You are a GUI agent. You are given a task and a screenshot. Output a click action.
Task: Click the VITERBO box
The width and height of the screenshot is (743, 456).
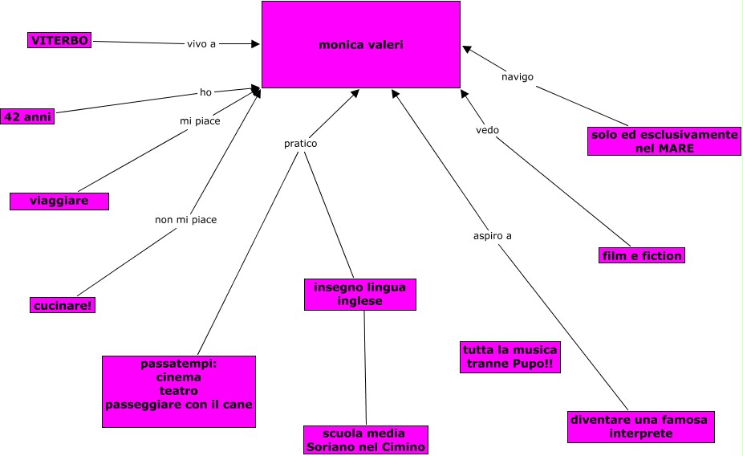coord(59,40)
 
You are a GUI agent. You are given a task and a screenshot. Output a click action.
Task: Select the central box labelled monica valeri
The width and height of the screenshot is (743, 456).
coord(361,45)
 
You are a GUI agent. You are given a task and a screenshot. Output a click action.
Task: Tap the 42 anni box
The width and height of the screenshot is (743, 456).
coord(27,116)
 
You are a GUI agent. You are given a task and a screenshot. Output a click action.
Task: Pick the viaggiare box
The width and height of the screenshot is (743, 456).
coord(59,201)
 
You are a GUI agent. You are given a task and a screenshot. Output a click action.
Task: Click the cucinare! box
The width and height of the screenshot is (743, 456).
coord(63,305)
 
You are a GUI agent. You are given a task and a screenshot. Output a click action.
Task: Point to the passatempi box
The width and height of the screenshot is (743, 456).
coord(179,392)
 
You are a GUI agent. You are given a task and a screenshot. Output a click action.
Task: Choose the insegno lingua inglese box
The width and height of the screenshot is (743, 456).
coord(360,295)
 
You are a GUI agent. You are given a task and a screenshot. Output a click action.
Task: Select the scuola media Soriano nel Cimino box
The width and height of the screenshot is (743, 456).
coord(366,440)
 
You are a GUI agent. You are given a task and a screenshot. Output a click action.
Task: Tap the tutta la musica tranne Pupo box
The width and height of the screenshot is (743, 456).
coord(510,357)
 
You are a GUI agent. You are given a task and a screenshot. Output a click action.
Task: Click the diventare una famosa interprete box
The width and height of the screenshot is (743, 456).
coord(641,426)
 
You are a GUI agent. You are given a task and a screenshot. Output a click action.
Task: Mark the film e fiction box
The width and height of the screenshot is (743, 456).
coord(642,255)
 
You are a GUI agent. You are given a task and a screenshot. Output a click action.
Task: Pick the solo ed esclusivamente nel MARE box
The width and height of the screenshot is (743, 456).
coord(664,141)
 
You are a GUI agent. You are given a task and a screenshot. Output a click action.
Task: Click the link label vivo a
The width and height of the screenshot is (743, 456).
coord(201,44)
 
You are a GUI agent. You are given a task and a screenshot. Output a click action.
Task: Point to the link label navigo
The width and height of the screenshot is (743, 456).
coord(518,77)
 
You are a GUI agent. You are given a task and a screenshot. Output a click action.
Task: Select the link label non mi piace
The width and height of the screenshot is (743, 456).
coord(186,219)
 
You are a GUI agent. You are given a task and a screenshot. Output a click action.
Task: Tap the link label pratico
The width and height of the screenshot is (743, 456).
coord(300,143)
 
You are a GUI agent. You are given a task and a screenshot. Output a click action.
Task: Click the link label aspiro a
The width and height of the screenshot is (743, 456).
coord(493,235)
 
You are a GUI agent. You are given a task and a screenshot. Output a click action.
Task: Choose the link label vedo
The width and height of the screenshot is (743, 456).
coord(488,130)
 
